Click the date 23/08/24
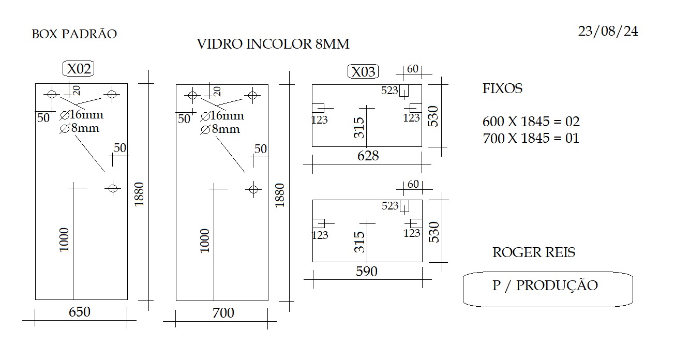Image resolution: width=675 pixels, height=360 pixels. [608, 32]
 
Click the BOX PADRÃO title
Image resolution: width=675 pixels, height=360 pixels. [74, 34]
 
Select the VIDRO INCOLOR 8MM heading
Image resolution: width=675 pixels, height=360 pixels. [273, 44]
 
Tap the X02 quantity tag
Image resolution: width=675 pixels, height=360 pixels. [78, 69]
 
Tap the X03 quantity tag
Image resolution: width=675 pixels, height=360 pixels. [363, 72]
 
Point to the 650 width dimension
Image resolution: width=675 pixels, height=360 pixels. [80, 312]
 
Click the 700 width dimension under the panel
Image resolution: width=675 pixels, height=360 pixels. [223, 313]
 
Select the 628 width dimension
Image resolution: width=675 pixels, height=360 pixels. [368, 156]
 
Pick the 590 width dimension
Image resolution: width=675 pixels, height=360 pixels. [366, 272]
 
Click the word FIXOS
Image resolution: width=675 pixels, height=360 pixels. [502, 88]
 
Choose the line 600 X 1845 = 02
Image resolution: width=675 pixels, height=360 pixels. [531, 122]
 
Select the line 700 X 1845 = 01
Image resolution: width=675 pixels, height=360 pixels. [531, 138]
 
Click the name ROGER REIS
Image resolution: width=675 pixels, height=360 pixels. [534, 252]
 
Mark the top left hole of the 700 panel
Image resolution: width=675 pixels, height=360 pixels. [192, 96]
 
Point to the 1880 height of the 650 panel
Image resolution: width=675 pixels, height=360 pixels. [139, 194]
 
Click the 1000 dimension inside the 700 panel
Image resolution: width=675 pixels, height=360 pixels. [205, 241]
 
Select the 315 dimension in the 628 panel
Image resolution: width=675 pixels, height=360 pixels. [359, 128]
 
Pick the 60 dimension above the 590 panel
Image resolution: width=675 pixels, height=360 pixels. [413, 184]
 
